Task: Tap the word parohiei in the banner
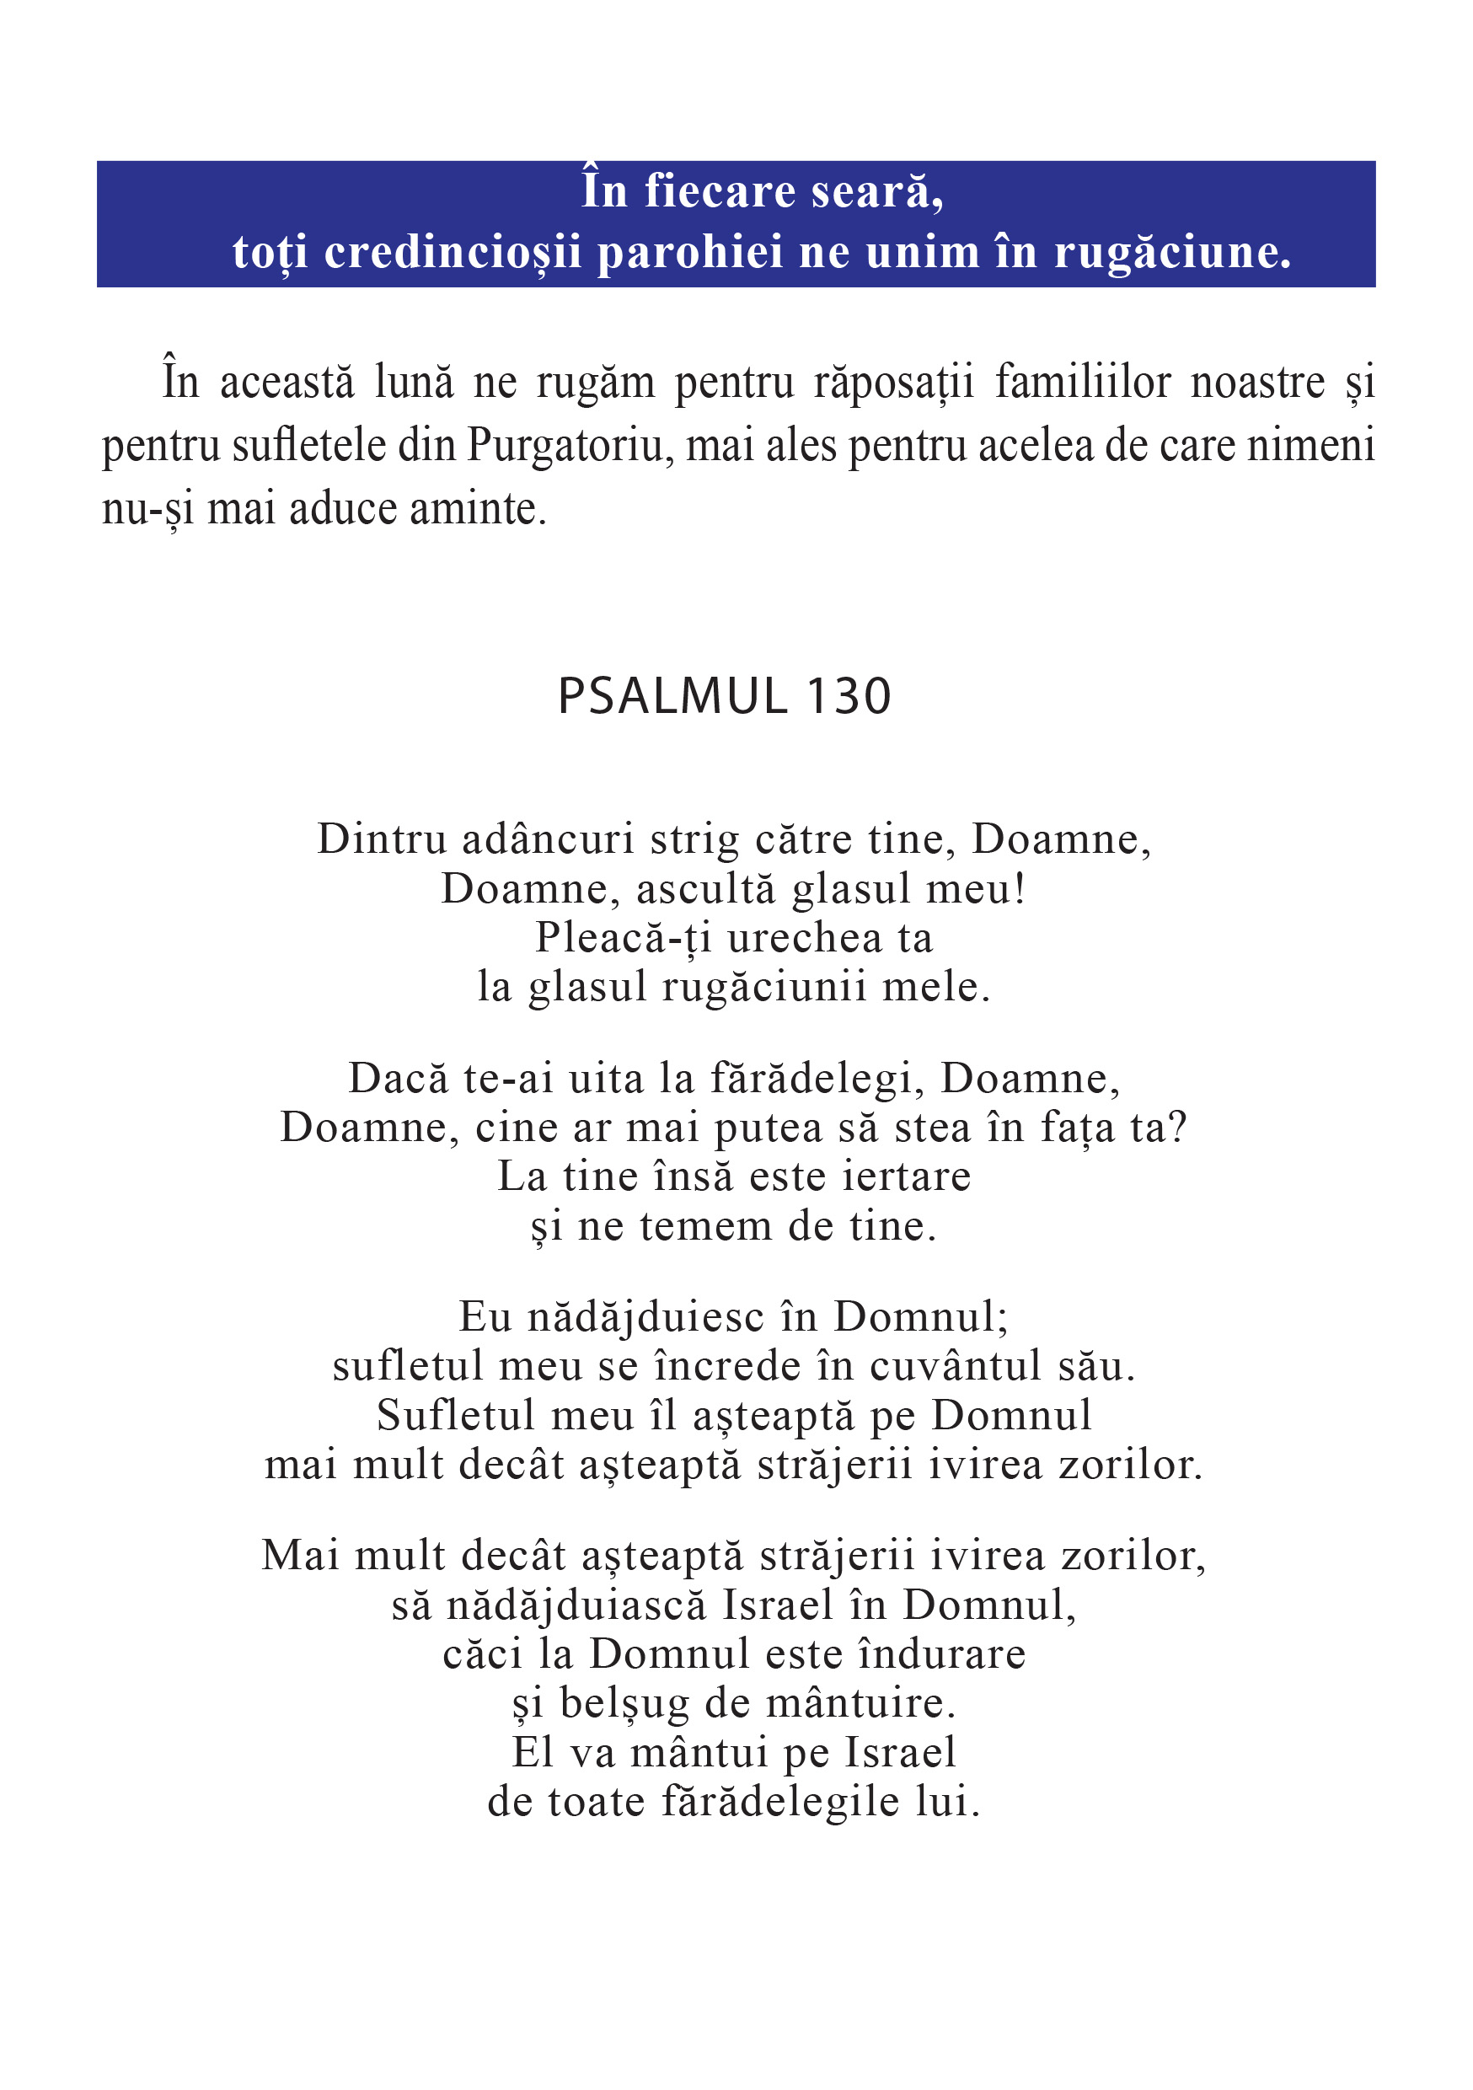coord(689,252)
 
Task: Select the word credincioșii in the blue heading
coord(453,252)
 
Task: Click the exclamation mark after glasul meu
coord(1020,888)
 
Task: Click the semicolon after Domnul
coord(1004,1319)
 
